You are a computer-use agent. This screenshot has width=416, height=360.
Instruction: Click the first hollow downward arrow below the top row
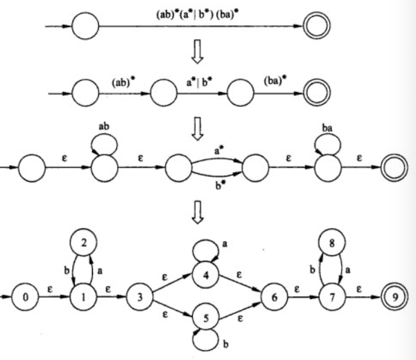click(x=196, y=55)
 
